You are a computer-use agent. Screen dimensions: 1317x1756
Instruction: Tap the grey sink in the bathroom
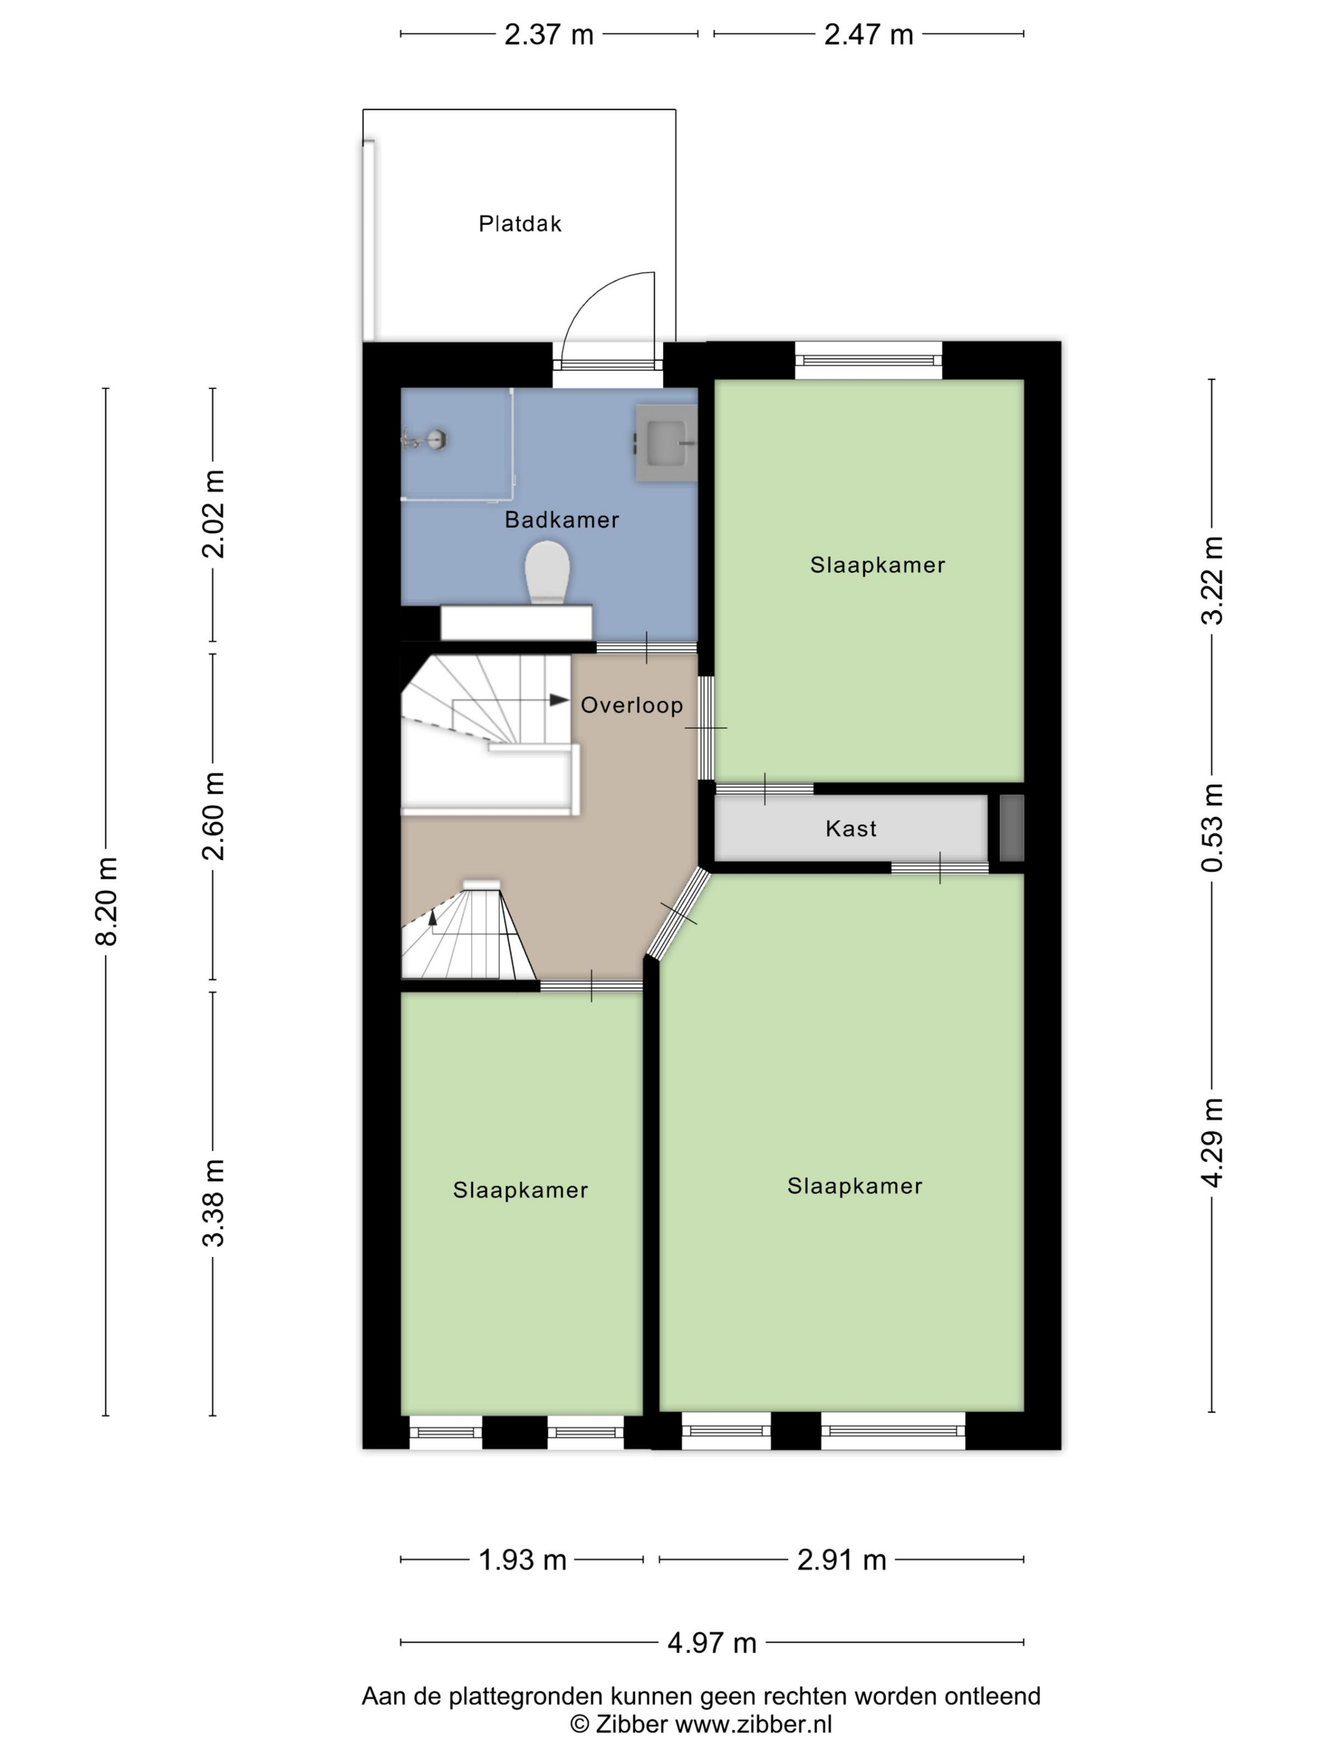coord(665,444)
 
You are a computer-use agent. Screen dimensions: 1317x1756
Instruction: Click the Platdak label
coord(520,224)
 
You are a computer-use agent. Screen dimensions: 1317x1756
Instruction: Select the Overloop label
coord(632,705)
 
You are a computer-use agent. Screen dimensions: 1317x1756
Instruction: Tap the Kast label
coord(851,829)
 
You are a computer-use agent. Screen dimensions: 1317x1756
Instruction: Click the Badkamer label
coord(562,520)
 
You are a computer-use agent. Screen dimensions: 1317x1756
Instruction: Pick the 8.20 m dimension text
coord(107,901)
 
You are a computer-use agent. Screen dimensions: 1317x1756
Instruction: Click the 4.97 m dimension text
coord(712,1642)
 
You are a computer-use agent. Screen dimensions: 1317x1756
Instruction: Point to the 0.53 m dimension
coord(1212,827)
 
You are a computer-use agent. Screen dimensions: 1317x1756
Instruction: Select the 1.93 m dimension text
coord(522,1560)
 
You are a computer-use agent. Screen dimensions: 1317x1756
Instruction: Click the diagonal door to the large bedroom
coord(677,913)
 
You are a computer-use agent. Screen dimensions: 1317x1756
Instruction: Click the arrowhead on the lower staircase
coord(433,917)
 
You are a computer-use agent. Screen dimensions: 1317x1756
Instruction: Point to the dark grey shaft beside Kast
coord(1012,828)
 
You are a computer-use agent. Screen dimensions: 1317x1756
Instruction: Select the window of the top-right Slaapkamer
coord(869,361)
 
